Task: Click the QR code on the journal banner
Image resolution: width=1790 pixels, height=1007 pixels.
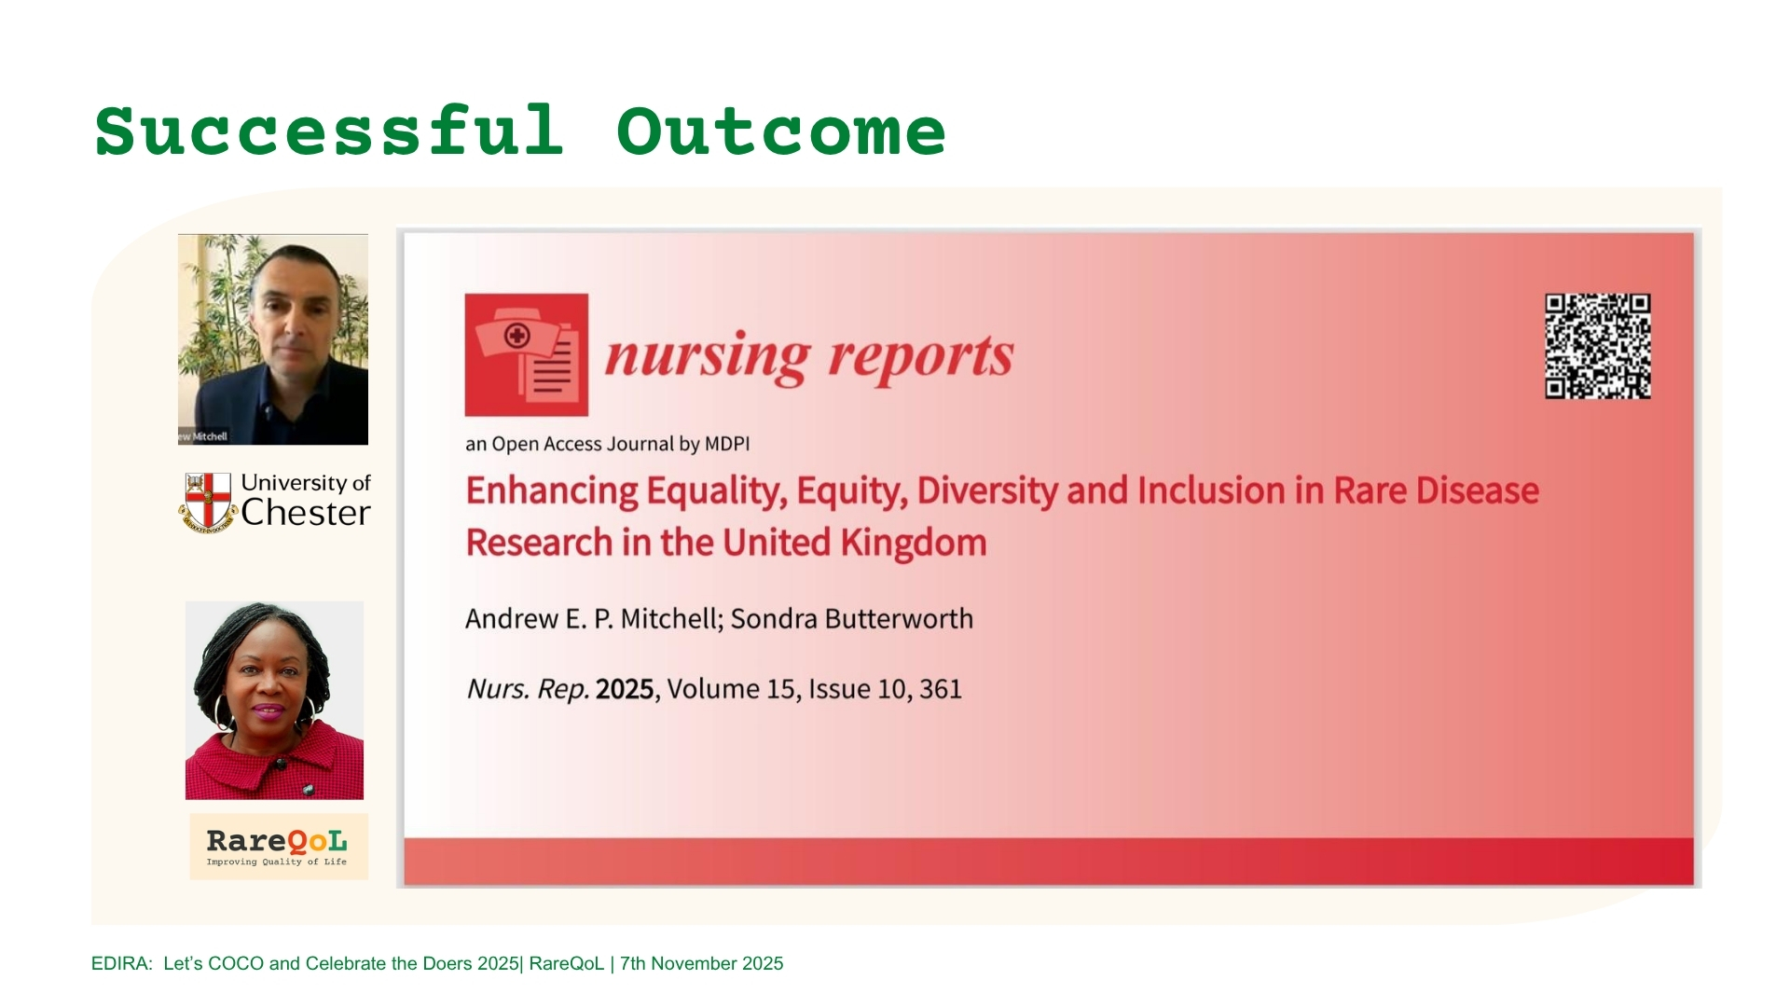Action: (x=1597, y=346)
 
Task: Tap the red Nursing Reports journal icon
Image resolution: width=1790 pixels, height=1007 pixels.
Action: (x=526, y=354)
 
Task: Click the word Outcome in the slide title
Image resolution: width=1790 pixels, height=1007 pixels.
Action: (x=781, y=131)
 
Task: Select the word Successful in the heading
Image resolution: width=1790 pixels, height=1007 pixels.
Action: (x=329, y=131)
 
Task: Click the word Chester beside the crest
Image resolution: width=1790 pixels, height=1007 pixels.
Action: (x=306, y=513)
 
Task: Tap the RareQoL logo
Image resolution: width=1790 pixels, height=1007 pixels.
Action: (x=279, y=847)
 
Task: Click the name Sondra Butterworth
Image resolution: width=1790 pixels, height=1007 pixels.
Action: (x=851, y=619)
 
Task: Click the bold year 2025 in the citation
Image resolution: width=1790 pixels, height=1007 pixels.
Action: (x=625, y=689)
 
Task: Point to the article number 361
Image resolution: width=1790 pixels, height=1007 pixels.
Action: (x=940, y=689)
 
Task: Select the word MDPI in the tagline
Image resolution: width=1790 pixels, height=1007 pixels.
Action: (x=727, y=444)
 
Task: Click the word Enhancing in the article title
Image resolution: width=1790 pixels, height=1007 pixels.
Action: (x=552, y=491)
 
